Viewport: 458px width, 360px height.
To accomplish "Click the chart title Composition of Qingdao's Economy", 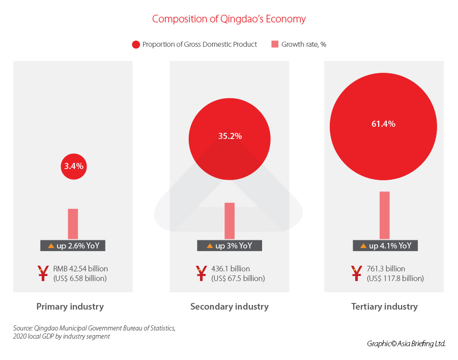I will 229,19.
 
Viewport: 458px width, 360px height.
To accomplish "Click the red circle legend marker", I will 136,44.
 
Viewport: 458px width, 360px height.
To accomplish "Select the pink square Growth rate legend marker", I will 275,44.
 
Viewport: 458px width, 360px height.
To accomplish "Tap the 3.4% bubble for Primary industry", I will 74,166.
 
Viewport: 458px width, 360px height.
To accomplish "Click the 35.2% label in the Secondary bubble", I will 230,136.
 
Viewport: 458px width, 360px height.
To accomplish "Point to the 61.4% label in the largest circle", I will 383,124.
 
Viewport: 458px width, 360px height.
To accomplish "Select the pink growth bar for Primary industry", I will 73,224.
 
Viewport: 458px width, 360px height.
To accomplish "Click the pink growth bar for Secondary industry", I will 230,220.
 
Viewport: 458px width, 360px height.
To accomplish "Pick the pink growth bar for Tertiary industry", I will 384,215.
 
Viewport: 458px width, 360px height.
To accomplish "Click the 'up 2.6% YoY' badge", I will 73,245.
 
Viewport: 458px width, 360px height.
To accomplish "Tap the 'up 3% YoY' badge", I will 230,245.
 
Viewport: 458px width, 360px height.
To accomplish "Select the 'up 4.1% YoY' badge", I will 385,245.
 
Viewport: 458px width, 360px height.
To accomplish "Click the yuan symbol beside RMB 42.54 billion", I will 44,273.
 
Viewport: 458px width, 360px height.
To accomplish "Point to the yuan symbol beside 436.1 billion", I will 202,273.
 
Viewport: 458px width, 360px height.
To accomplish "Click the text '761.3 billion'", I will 386,269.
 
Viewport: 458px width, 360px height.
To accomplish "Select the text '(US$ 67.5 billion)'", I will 238,279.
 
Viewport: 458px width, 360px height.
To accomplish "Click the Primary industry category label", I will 70,307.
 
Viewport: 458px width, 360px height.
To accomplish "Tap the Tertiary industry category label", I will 384,307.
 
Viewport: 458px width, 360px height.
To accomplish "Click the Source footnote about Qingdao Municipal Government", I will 94,332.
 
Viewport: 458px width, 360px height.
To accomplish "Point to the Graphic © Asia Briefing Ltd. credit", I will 406,344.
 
